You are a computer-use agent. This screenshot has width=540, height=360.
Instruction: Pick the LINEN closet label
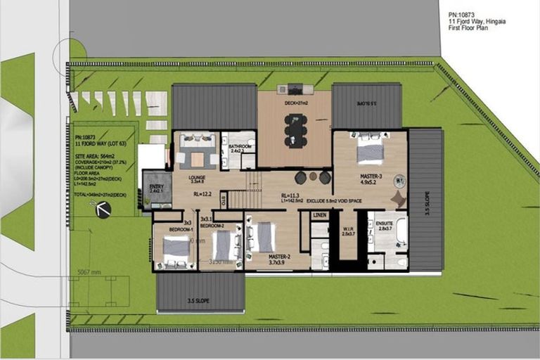[320, 215]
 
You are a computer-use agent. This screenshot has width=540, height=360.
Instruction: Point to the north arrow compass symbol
[103, 208]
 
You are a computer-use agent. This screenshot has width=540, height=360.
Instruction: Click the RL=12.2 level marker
[202, 194]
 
